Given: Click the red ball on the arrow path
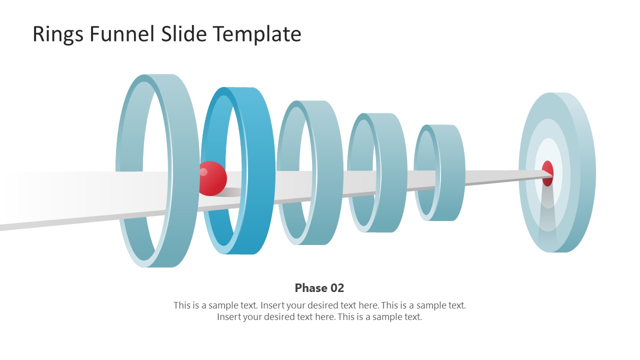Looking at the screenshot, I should tap(212, 178).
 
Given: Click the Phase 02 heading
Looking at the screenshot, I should tap(319, 288).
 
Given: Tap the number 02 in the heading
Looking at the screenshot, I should tap(336, 288).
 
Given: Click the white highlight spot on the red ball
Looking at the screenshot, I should tap(203, 172).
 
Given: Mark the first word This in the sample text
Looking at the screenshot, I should tap(182, 305).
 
